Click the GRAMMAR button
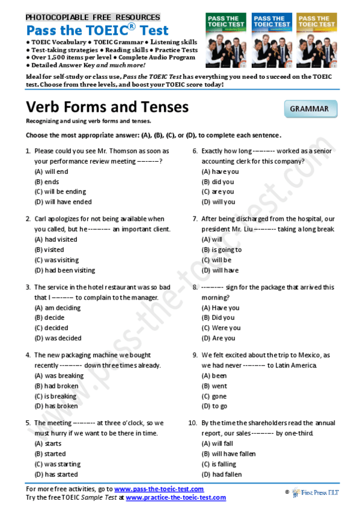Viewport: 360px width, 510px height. [310, 109]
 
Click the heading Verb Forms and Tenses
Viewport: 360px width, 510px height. [107, 107]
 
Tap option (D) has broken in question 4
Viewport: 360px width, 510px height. [56, 406]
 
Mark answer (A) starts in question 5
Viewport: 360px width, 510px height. [48, 443]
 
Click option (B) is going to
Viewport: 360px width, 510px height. [222, 250]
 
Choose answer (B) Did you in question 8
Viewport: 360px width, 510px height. [218, 318]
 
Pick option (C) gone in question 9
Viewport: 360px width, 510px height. [214, 396]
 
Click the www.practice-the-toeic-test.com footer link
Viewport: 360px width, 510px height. [175, 497]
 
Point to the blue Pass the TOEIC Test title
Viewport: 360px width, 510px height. [97, 30]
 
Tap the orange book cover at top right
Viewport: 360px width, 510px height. [317, 40]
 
